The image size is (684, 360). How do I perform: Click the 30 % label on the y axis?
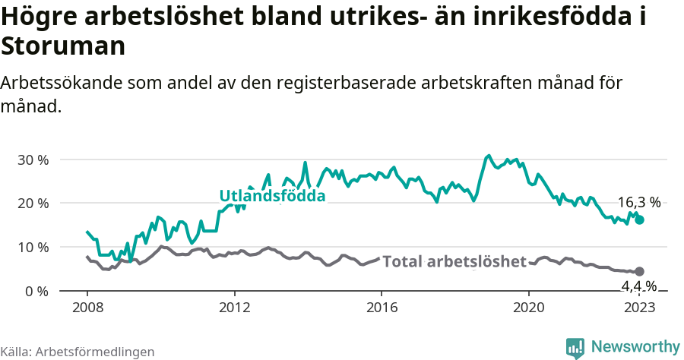[x=33, y=160]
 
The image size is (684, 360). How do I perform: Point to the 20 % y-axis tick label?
[x=33, y=204]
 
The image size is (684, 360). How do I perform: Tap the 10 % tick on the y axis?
[x=33, y=248]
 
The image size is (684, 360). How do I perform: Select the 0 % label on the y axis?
[x=36, y=292]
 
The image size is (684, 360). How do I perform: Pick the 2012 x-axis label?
[x=234, y=308]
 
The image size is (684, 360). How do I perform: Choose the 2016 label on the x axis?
[x=382, y=308]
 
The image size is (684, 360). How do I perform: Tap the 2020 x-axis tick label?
[x=529, y=308]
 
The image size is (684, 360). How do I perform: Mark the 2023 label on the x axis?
[x=639, y=308]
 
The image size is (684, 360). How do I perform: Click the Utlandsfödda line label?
[x=272, y=196]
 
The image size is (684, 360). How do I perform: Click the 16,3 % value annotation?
[x=638, y=203]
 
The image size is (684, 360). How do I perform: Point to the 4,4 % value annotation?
[x=638, y=286]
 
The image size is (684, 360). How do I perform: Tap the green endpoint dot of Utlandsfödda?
[x=640, y=219]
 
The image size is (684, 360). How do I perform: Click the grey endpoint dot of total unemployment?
[x=639, y=271]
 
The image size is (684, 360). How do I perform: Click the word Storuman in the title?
[x=63, y=46]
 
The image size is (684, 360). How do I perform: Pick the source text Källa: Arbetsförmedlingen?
[x=78, y=352]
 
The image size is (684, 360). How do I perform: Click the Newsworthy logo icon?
[x=575, y=348]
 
